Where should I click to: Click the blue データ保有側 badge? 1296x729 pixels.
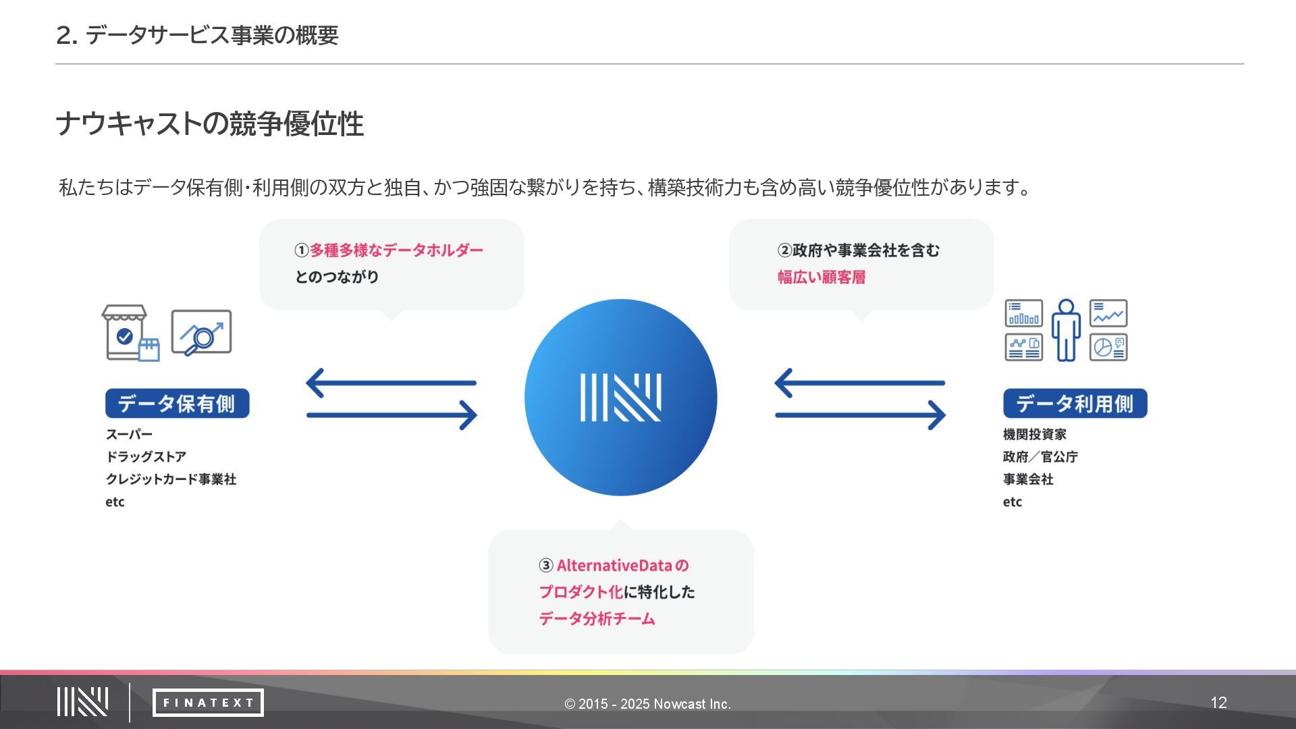(x=177, y=403)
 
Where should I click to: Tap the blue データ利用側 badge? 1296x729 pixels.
(x=1075, y=403)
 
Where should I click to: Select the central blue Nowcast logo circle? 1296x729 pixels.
(x=620, y=398)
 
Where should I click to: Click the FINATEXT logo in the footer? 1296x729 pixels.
(x=208, y=703)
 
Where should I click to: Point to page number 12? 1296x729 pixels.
(x=1218, y=703)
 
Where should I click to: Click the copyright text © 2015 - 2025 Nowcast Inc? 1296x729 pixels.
(x=647, y=704)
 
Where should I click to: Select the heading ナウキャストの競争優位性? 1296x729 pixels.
(x=209, y=124)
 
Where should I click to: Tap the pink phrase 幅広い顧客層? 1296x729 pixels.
(x=821, y=277)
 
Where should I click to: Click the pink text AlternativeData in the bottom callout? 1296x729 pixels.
(x=614, y=566)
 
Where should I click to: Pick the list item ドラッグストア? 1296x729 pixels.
(x=146, y=457)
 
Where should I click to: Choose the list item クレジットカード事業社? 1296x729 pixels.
(x=171, y=479)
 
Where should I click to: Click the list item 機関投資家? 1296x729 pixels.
(x=1034, y=434)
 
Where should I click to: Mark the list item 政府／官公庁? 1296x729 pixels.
(x=1040, y=457)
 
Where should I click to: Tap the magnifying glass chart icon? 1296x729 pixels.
(x=201, y=332)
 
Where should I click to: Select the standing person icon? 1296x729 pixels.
(x=1066, y=330)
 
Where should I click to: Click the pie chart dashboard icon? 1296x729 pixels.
(x=1108, y=347)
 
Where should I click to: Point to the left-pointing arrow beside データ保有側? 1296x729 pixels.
(x=391, y=383)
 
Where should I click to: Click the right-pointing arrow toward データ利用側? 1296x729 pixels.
(x=861, y=415)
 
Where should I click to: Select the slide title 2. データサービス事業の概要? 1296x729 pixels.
(x=197, y=35)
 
